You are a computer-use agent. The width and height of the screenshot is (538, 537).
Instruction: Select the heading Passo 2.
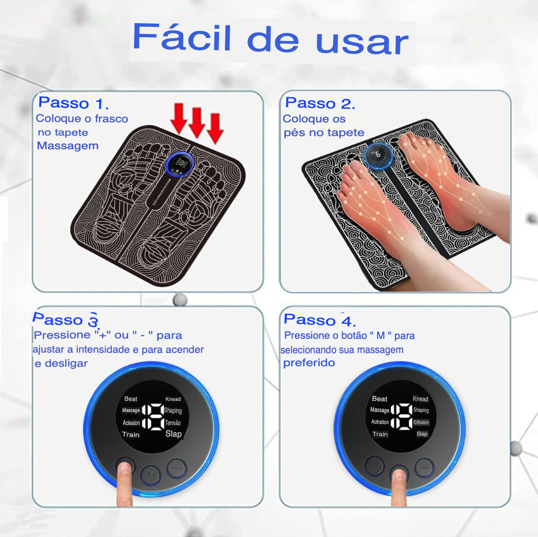[x=320, y=103]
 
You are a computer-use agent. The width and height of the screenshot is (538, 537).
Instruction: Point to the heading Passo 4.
[x=319, y=319]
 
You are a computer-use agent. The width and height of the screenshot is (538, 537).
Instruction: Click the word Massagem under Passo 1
[x=68, y=146]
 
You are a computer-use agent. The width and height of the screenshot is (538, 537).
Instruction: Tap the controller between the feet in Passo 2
[x=378, y=154]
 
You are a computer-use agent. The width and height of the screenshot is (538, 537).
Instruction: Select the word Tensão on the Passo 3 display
[x=173, y=422]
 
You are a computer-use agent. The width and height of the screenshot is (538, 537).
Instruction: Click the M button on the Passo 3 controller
[x=151, y=473]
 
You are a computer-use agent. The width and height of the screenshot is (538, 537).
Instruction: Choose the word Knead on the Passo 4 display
[x=420, y=399]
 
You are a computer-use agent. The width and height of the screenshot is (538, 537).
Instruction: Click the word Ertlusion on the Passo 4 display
[x=421, y=422]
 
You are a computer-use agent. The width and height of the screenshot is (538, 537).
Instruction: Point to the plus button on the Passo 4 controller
[x=374, y=466]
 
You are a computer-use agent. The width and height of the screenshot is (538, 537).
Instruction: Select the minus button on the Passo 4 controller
[x=423, y=466]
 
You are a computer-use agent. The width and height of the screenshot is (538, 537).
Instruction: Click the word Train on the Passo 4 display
[x=380, y=434]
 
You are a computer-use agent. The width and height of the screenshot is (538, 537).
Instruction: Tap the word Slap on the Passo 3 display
[x=173, y=433]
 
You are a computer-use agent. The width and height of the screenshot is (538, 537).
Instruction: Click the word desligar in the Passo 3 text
[x=65, y=364]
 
